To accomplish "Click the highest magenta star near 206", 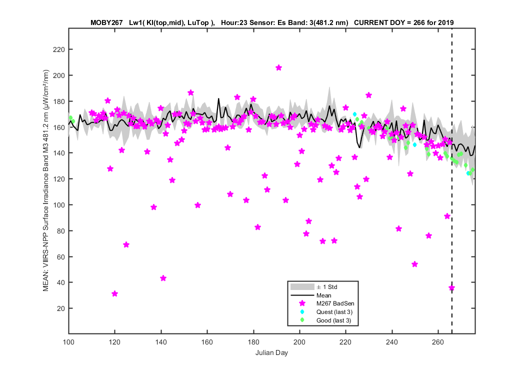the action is (278, 67).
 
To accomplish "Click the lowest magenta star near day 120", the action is (115, 293).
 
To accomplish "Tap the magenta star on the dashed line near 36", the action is (451, 287).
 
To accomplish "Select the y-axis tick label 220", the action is (59, 49).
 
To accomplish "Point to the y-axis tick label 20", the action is (61, 308).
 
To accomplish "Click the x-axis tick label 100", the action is (68, 342).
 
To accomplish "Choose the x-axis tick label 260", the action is (438, 342).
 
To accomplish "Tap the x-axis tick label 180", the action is (253, 342).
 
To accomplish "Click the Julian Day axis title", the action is (271, 352).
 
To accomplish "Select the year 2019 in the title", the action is (446, 23).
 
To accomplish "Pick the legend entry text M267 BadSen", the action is (335, 303).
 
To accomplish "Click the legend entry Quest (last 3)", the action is (334, 312).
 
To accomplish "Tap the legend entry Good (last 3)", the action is (334, 320).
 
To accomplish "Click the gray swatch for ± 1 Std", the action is (302, 287).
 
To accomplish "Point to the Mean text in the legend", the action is (324, 295).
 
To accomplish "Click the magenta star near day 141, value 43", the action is (163, 278).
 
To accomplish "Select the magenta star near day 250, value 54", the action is (414, 264).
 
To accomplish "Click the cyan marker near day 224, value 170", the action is (354, 114).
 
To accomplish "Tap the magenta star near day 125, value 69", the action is (126, 245).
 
